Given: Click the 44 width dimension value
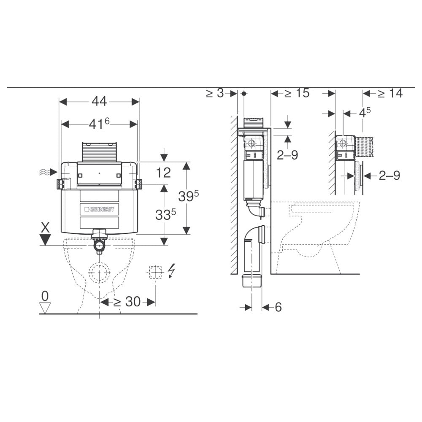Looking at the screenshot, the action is (x=99, y=101).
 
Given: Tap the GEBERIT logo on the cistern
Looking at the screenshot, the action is (x=100, y=209).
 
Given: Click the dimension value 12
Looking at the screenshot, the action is (x=163, y=173).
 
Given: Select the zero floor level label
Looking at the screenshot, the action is (x=45, y=296).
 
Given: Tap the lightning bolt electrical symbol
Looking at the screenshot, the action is (x=171, y=271).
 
